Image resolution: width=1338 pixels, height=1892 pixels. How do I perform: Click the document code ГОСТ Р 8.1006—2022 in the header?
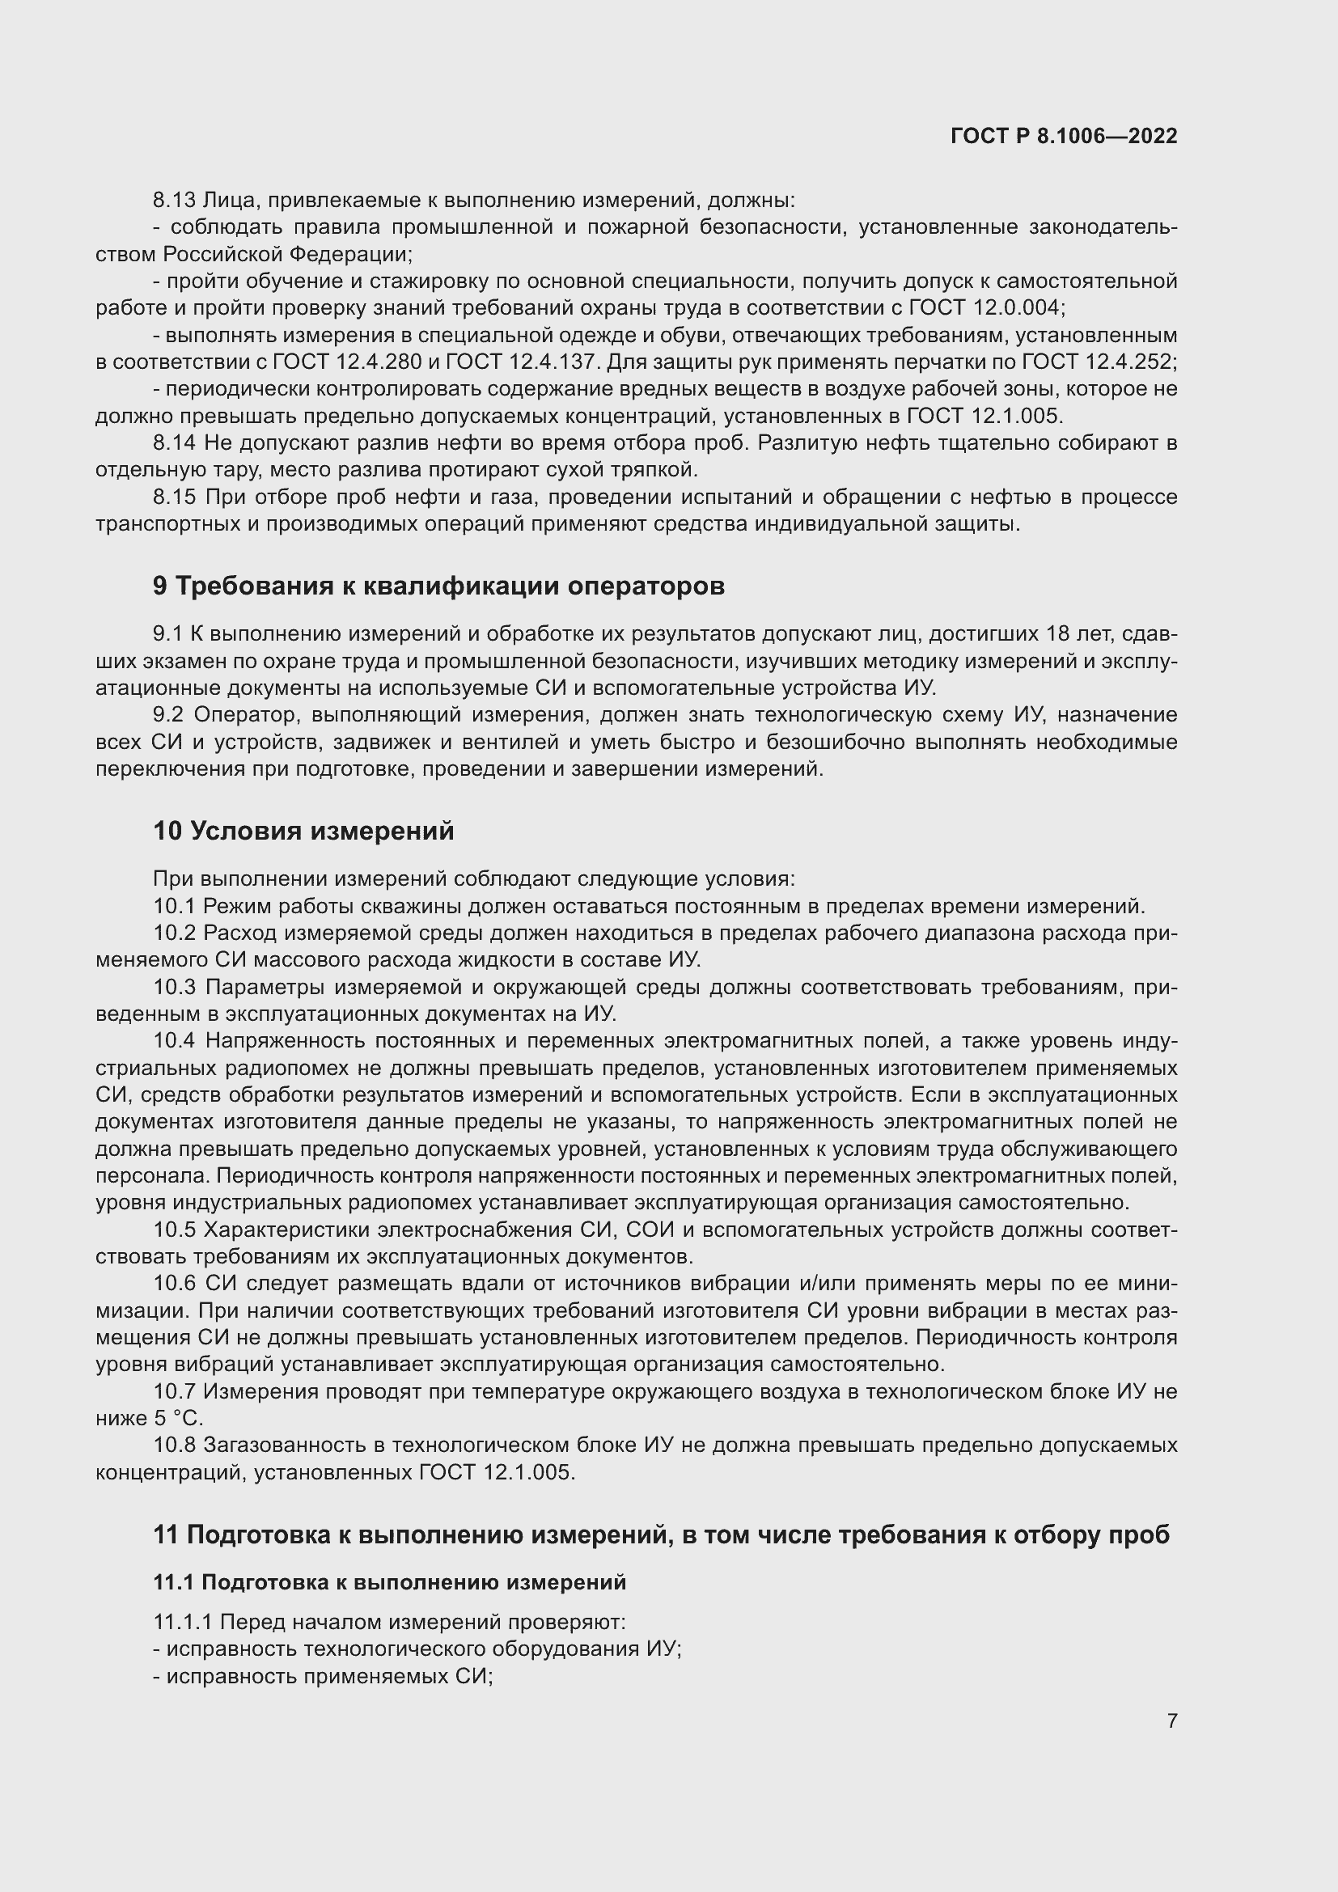pyautogui.click(x=1064, y=136)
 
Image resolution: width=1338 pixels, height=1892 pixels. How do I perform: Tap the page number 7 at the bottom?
pyautogui.click(x=1171, y=1721)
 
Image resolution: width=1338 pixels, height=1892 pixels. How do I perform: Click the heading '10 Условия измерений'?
pyautogui.click(x=303, y=831)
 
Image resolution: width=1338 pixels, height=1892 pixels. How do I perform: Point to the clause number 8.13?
pyautogui.click(x=174, y=201)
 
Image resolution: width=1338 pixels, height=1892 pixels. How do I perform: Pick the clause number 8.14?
pyautogui.click(x=174, y=443)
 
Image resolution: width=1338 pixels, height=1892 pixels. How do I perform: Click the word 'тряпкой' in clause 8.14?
pyautogui.click(x=660, y=471)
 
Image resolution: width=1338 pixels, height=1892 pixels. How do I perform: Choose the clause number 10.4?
pyautogui.click(x=174, y=1042)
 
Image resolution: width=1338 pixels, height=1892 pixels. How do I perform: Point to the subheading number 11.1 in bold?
pyautogui.click(x=173, y=1582)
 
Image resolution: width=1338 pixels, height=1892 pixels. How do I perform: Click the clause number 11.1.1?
pyautogui.click(x=183, y=1623)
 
